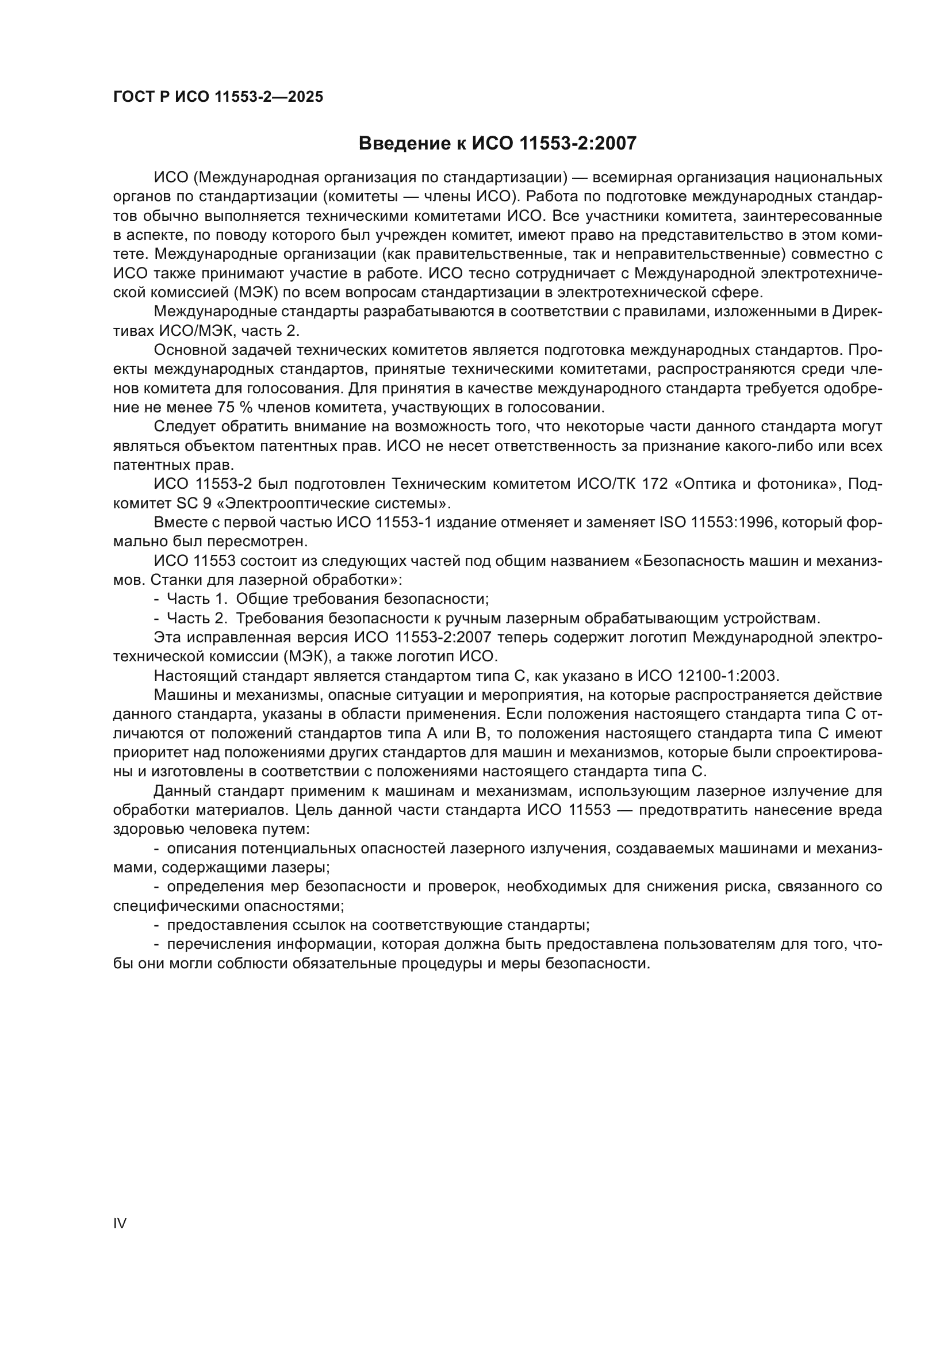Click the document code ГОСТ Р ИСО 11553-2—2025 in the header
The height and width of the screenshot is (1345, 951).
pos(218,97)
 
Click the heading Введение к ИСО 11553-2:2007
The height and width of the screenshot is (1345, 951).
pos(497,143)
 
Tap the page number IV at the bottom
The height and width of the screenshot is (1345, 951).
pos(120,1223)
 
